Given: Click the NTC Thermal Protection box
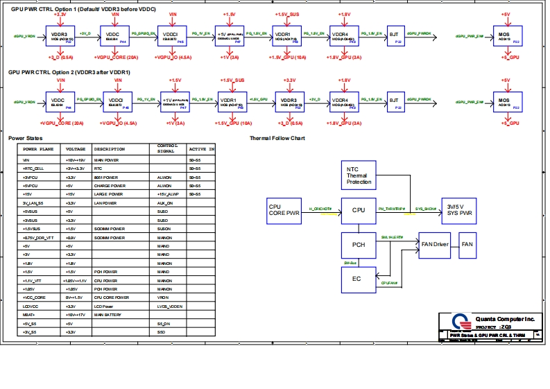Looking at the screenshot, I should click(x=359, y=175).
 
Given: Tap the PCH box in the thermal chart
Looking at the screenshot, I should click(x=359, y=245).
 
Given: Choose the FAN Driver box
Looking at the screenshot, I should click(x=436, y=245).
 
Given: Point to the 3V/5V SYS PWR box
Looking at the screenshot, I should click(x=459, y=209).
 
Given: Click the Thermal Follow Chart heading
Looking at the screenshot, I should click(x=277, y=138).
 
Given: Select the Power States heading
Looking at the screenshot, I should click(x=25, y=138).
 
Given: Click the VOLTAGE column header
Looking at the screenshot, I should click(x=76, y=149).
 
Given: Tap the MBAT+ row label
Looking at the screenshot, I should click(x=31, y=315).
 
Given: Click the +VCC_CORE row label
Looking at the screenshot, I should click(x=34, y=297).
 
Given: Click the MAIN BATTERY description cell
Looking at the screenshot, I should click(x=108, y=315).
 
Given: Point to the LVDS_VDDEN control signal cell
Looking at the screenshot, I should click(x=170, y=306).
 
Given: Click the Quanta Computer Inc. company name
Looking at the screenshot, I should click(x=504, y=319).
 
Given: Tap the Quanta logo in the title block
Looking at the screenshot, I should click(x=459, y=322).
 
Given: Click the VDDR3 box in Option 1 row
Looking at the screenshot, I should click(x=60, y=35).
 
